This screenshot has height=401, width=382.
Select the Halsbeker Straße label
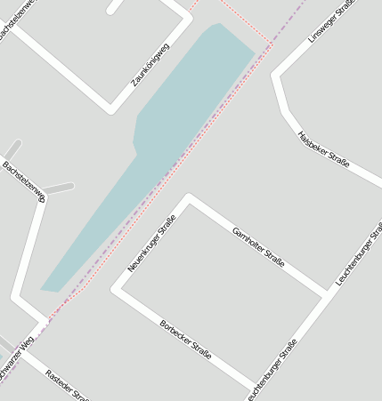click(323, 149)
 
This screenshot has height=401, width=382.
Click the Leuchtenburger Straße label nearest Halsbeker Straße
click(354, 253)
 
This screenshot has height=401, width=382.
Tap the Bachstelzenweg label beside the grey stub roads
click(23, 181)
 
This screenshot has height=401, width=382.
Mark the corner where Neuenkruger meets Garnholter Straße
click(187, 198)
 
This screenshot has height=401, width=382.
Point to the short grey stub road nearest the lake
click(60, 188)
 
